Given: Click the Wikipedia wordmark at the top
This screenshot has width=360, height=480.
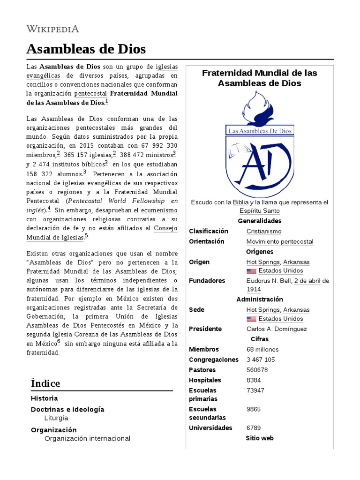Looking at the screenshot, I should pyautogui.click(x=52, y=29).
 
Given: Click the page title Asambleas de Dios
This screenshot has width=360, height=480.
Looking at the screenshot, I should pyautogui.click(x=86, y=49).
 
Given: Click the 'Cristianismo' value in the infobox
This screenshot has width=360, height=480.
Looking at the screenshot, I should pyautogui.click(x=264, y=231).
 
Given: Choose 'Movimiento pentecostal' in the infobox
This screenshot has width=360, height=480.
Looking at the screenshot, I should pyautogui.click(x=280, y=241).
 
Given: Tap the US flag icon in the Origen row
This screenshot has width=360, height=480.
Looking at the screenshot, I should pyautogui.click(x=251, y=271).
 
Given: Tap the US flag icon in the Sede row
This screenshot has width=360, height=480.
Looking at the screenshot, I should pyautogui.click(x=251, y=319).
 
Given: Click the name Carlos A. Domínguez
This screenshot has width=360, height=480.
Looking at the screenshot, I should pyautogui.click(x=277, y=329).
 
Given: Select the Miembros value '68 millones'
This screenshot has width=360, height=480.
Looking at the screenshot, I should pyautogui.click(x=262, y=349).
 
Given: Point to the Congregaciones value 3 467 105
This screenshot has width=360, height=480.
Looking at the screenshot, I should pyautogui.click(x=261, y=360).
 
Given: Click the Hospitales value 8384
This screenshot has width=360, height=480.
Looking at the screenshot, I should pyautogui.click(x=255, y=380).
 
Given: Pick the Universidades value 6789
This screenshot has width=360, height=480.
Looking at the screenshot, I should pyautogui.click(x=254, y=428).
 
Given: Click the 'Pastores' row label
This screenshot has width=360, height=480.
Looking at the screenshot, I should pyautogui.click(x=202, y=370).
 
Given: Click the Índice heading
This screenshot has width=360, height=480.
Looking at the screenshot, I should pyautogui.click(x=45, y=383).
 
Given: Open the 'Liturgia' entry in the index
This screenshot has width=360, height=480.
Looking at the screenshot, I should pyautogui.click(x=56, y=418).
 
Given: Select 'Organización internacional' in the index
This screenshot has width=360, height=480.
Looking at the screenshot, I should pyautogui.click(x=87, y=438).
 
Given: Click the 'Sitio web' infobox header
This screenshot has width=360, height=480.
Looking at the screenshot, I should pyautogui.click(x=259, y=438).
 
